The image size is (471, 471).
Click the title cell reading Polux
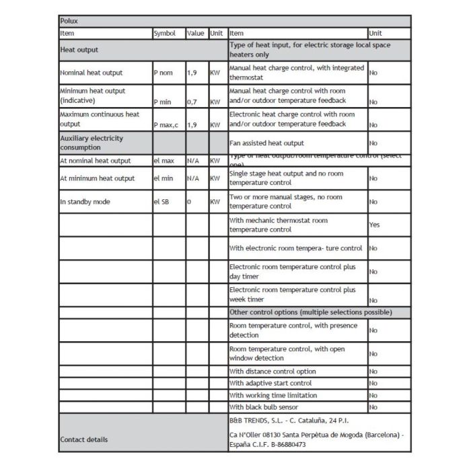pyautogui.click(x=69, y=22)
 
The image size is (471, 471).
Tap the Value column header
pyautogui.click(x=195, y=33)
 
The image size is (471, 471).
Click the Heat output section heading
pyautogui.click(x=79, y=50)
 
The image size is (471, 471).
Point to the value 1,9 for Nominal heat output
pyautogui.click(x=192, y=73)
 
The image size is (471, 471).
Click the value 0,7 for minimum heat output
pyautogui.click(x=192, y=102)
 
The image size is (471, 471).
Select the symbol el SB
pyautogui.click(x=161, y=202)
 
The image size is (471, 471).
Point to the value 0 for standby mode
pyautogui.click(x=189, y=202)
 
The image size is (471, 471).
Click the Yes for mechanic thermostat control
pyautogui.click(x=374, y=225)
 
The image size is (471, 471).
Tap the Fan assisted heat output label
pyautogui.click(x=266, y=143)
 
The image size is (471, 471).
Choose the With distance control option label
pyautogui.click(x=273, y=371)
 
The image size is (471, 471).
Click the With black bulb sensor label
pyautogui.click(x=268, y=407)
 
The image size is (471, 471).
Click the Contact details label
pyautogui.click(x=83, y=439)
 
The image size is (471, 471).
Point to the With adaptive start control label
pyautogui.click(x=270, y=384)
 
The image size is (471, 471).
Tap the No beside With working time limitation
pyautogui.click(x=373, y=396)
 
